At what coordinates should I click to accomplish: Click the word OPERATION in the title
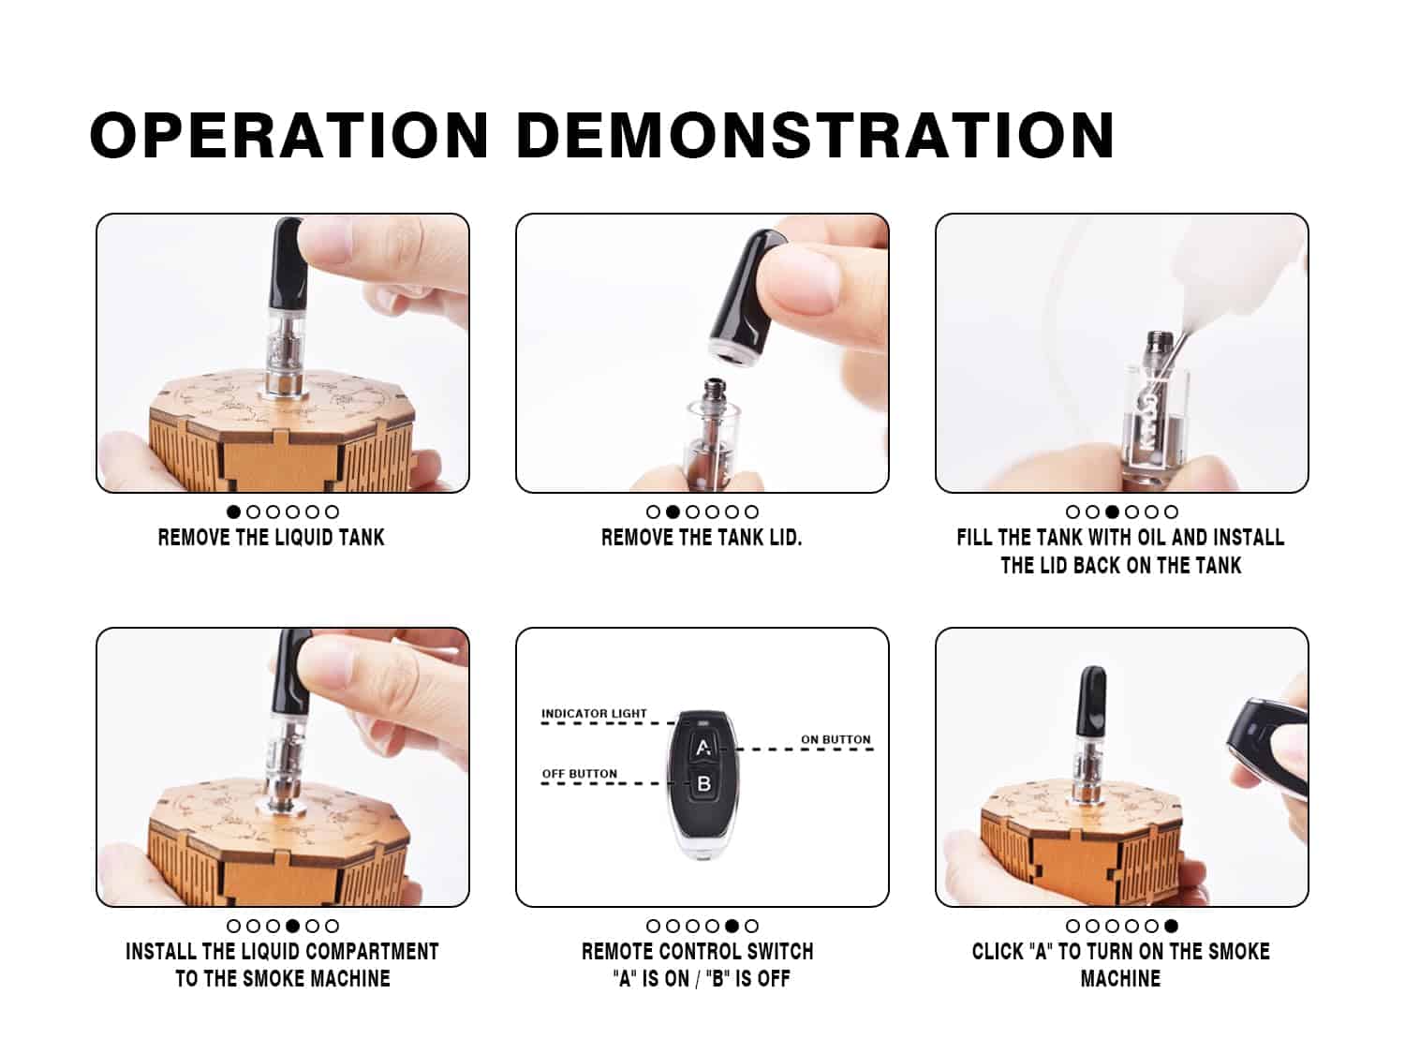[x=289, y=135]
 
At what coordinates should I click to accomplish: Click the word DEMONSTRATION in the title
[x=816, y=135]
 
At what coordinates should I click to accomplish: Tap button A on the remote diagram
[x=703, y=747]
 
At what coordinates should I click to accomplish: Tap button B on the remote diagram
[x=703, y=783]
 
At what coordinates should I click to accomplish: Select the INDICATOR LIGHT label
[x=594, y=714]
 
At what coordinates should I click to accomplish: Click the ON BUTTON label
[x=836, y=740]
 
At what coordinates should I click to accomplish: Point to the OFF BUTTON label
[x=579, y=774]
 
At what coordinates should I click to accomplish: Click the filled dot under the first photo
[x=233, y=512]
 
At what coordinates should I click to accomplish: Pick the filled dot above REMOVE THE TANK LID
[x=673, y=512]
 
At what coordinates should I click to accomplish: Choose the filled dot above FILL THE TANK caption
[x=1113, y=512]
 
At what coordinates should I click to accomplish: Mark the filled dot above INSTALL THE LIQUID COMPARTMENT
[x=292, y=926]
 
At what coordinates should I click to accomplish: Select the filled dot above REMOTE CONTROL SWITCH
[x=732, y=926]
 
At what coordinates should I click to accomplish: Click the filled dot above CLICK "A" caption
[x=1172, y=926]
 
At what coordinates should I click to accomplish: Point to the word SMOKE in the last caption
[x=1238, y=952]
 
